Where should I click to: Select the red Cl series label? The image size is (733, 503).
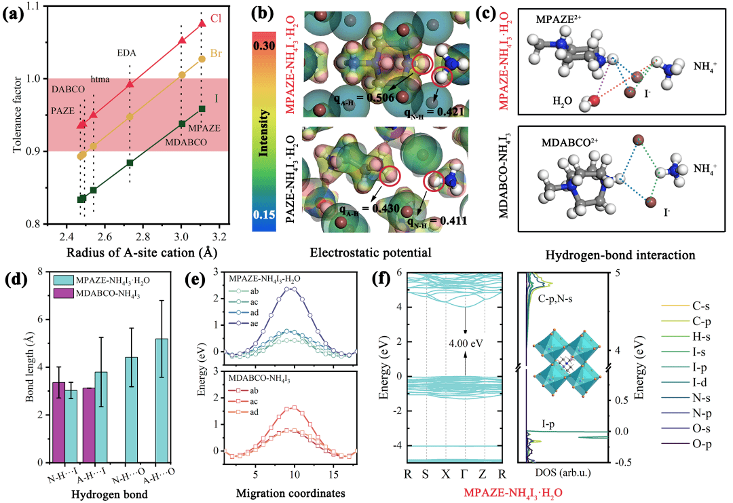click(x=217, y=19)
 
